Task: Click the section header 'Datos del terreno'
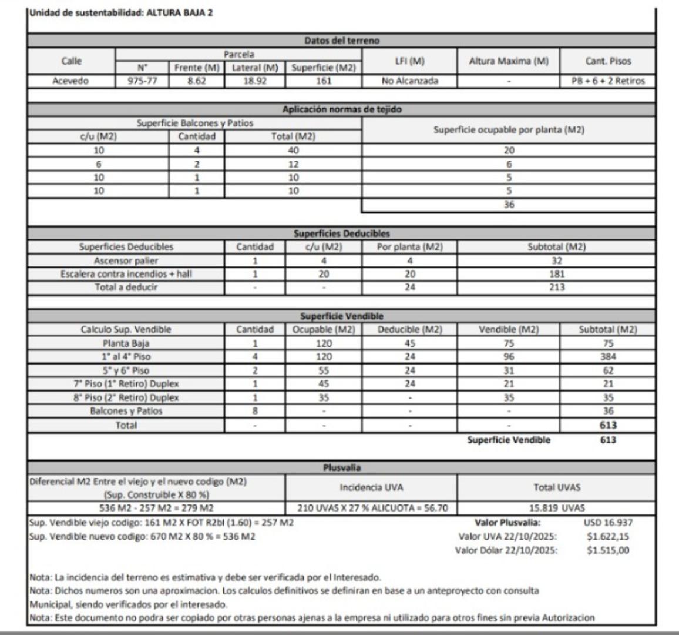click(x=341, y=41)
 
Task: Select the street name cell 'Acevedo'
click(x=71, y=81)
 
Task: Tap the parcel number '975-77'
click(x=142, y=81)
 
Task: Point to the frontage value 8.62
click(x=196, y=81)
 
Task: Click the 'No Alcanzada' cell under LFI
click(x=409, y=81)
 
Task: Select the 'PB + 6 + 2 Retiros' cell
click(x=607, y=81)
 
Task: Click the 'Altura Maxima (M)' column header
click(x=508, y=61)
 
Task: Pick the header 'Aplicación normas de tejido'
click(x=341, y=109)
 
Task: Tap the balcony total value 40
click(x=293, y=151)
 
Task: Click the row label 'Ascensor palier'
click(x=126, y=260)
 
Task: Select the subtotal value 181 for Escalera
click(x=556, y=274)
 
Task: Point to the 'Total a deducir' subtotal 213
click(x=556, y=288)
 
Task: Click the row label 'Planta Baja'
click(x=126, y=343)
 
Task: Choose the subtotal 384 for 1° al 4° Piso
click(x=608, y=357)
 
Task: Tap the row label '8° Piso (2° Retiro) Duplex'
click(x=126, y=397)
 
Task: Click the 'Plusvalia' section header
click(x=341, y=468)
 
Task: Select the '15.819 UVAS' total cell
click(x=556, y=508)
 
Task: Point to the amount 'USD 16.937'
click(x=608, y=522)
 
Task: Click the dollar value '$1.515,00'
click(x=608, y=551)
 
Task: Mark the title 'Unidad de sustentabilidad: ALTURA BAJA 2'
click(x=121, y=13)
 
